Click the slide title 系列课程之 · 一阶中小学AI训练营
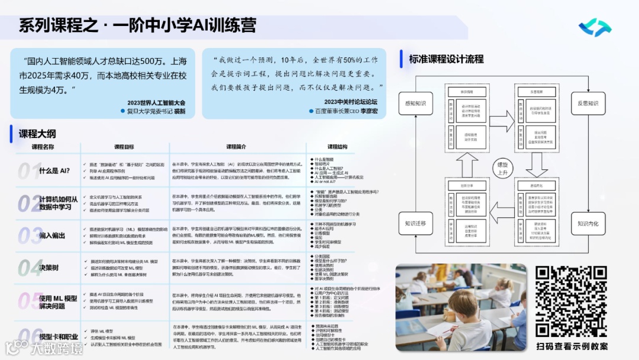[x=137, y=26]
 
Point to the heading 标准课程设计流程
[x=446, y=59]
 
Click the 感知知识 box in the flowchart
[x=415, y=104]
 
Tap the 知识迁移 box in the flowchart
[x=415, y=224]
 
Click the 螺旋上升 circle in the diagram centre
[x=502, y=168]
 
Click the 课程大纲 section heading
[x=37, y=134]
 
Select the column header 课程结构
[x=337, y=147]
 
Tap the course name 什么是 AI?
[x=54, y=171]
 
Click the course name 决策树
[x=49, y=267]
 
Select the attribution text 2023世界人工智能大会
[x=156, y=102]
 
